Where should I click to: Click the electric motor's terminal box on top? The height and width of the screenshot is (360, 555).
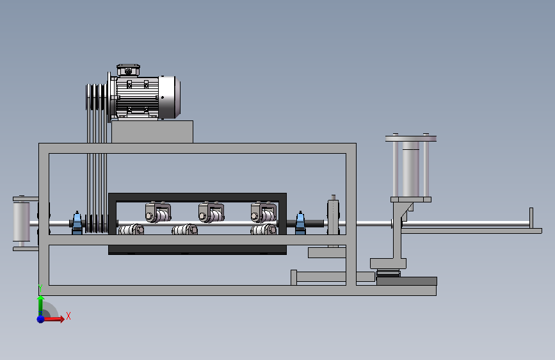pyautogui.click(x=128, y=70)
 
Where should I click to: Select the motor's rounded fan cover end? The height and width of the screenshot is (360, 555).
pyautogui.click(x=170, y=97)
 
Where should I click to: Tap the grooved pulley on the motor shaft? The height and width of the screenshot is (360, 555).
pyautogui.click(x=96, y=97)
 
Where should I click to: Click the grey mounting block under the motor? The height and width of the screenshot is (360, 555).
pyautogui.click(x=152, y=132)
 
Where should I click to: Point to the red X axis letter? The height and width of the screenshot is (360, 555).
pyautogui.click(x=68, y=316)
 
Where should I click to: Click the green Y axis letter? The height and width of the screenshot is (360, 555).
pyautogui.click(x=40, y=288)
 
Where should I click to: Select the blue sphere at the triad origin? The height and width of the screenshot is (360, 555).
pyautogui.click(x=41, y=319)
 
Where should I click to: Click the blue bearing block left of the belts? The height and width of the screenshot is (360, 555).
pyautogui.click(x=77, y=223)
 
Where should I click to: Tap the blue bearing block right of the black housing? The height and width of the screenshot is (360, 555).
pyautogui.click(x=300, y=223)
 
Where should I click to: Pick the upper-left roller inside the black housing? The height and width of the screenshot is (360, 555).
pyautogui.click(x=158, y=212)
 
